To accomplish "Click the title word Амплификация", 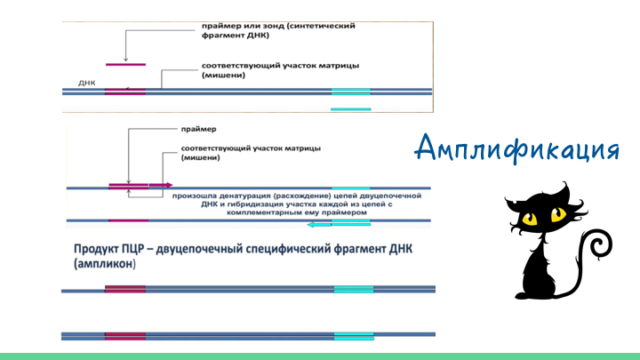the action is pos(517,148).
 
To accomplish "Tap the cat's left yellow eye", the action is pos(530,218).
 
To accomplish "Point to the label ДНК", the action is pos(87,83).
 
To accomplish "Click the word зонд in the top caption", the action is pos(273,26).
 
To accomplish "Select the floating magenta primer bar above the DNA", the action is pos(125,65).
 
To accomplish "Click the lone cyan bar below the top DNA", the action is pos(351,109).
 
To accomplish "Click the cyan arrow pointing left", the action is pos(319,225).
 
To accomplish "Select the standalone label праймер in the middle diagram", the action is pos(199,129).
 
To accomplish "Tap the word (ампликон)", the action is pos(105,264).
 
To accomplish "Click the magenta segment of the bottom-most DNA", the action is pos(125,336).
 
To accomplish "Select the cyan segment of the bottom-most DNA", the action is pos(354,336).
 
